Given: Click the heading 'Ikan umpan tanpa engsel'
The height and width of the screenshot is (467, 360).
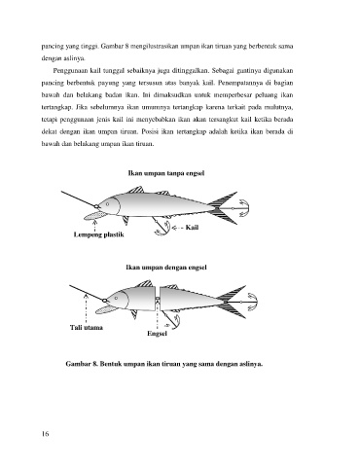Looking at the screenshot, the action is click(166, 173).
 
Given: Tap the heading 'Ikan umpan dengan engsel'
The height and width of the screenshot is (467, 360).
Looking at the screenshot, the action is click(166, 268).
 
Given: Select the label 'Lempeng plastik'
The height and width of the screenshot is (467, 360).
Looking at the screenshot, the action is click(99, 234).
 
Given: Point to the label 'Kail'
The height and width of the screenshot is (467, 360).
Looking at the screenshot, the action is click(192, 228).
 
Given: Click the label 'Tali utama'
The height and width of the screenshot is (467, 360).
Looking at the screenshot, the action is click(87, 328).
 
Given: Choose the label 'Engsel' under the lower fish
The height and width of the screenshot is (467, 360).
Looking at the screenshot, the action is click(157, 334).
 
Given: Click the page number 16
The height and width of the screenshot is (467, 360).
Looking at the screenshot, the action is click(45, 434).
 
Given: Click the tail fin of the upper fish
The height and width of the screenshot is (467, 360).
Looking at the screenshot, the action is click(224, 207).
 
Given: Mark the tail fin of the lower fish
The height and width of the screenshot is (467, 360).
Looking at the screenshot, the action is click(233, 302).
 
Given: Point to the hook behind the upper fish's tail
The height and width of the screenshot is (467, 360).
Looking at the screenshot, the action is click(242, 208).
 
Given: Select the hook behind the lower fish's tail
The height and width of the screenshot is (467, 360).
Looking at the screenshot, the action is click(251, 302).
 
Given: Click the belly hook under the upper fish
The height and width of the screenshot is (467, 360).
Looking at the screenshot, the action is click(162, 227).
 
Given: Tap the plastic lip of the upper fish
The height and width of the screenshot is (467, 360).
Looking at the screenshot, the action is click(94, 216).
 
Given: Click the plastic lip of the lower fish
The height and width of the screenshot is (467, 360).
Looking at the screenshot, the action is click(106, 309).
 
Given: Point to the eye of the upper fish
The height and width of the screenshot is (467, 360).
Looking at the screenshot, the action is click(107, 204).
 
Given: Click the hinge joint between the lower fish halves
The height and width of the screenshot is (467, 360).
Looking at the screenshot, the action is click(158, 300).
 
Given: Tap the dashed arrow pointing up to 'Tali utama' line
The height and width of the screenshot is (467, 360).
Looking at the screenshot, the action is click(86, 307).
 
